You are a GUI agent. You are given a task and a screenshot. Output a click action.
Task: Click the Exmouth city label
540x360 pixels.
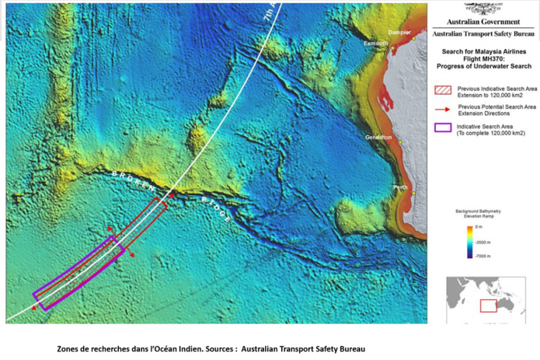[375, 44]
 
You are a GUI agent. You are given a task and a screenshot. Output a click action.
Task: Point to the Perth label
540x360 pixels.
[401, 187]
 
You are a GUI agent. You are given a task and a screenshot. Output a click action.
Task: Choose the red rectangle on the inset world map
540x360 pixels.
[488, 306]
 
